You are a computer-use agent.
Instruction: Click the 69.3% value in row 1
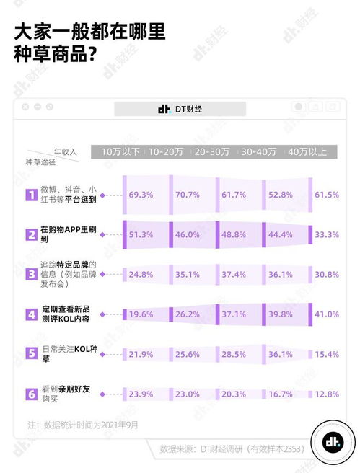tap(141, 195)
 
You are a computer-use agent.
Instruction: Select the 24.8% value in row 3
tap(141, 274)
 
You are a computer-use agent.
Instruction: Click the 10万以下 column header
tap(120, 151)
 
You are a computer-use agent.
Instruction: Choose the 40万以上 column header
tap(308, 151)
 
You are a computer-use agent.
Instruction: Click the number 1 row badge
tap(31, 195)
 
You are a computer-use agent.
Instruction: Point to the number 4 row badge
tap(31, 314)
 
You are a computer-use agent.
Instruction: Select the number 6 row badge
tap(31, 394)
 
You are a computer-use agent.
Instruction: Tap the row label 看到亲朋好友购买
tap(65, 394)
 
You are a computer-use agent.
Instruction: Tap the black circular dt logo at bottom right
tap(333, 441)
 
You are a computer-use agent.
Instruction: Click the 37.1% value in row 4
tap(235, 314)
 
